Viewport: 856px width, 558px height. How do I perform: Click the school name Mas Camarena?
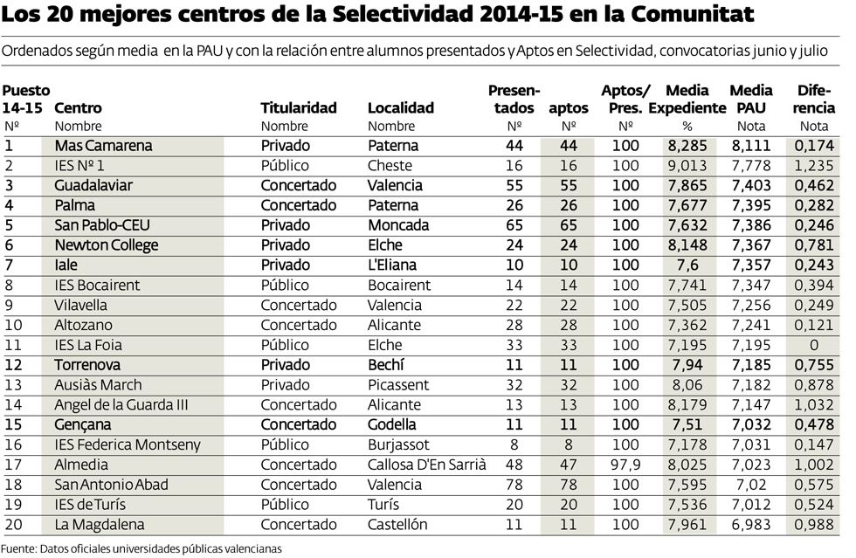103,146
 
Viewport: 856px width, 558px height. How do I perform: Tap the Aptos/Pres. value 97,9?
625,465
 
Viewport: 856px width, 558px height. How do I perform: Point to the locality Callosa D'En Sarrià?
427,465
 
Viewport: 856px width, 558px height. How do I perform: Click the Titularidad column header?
299,108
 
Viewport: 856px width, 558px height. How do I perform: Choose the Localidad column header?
401,108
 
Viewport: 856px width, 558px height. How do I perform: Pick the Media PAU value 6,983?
751,525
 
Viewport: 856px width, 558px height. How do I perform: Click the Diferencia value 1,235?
814,166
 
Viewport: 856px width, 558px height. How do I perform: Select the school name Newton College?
107,245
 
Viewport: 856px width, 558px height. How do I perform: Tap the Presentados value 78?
514,485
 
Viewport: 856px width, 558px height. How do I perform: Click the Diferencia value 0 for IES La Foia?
814,345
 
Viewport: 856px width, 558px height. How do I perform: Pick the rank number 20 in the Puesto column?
12,525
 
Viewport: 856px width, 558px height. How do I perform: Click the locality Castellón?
398,525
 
